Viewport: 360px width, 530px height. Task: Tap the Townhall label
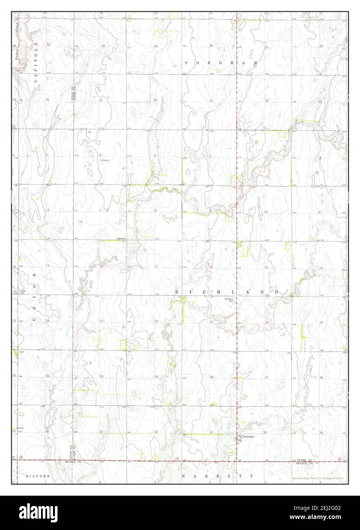(121, 239)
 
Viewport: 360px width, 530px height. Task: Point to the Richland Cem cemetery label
(229, 300)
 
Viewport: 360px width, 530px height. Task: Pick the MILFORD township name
(38, 476)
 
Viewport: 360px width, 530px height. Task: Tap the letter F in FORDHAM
(187, 62)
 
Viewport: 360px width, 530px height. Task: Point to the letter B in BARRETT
(184, 476)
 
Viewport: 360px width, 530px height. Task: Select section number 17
(156, 266)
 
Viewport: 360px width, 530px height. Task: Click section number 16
(211, 267)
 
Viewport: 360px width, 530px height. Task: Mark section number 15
(266, 267)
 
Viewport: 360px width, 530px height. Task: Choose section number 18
(101, 266)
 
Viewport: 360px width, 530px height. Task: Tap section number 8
(155, 211)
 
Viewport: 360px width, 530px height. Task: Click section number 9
(210, 211)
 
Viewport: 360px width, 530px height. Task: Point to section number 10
(266, 212)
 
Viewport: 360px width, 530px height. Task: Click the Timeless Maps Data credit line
(317, 478)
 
